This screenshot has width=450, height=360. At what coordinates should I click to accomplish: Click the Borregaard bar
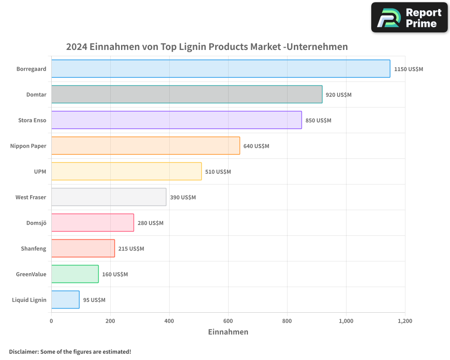tap(220, 69)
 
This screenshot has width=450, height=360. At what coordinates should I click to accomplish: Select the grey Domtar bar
tap(187, 94)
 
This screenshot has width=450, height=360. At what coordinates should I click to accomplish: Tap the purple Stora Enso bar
tap(176, 120)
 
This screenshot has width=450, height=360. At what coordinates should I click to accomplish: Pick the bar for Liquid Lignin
tap(65, 300)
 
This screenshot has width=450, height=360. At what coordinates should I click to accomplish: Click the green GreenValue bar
tap(75, 274)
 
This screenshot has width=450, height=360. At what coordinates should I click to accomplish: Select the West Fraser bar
tap(108, 197)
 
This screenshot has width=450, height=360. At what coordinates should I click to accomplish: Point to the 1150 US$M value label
tap(409, 69)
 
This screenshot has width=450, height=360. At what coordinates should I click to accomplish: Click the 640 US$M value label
tap(256, 146)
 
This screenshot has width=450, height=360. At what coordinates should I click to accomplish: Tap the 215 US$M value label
tap(131, 249)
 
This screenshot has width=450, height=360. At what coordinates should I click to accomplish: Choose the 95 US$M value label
tap(94, 300)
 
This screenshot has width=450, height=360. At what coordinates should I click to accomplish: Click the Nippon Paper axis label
tap(28, 146)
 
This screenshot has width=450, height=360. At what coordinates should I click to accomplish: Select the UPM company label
tap(40, 172)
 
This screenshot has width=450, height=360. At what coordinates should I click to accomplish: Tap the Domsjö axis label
tap(36, 223)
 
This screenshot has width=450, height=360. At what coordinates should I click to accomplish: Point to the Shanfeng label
tap(33, 249)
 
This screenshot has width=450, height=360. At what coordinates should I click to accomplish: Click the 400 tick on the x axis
tap(169, 321)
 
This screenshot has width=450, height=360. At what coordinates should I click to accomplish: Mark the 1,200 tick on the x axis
tap(405, 321)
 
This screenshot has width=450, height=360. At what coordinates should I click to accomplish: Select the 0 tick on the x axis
tap(51, 321)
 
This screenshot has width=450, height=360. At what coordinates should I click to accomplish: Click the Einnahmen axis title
tap(228, 332)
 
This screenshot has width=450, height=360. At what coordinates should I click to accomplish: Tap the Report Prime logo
tap(409, 18)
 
